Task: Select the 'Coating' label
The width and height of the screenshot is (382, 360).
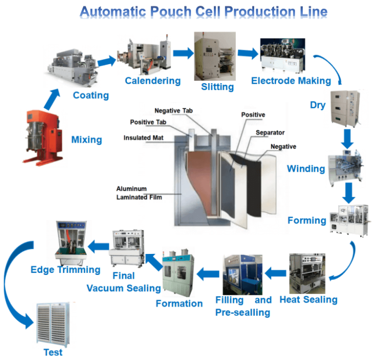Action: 91,95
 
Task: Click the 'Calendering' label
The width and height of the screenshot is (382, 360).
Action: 152,81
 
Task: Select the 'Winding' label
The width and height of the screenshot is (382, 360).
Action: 306,169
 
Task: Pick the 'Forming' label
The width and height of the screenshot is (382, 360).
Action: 307,220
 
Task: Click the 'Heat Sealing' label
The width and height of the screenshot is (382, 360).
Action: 308,300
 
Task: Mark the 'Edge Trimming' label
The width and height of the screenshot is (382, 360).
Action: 65,270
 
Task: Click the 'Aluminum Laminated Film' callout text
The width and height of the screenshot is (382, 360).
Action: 139,193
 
